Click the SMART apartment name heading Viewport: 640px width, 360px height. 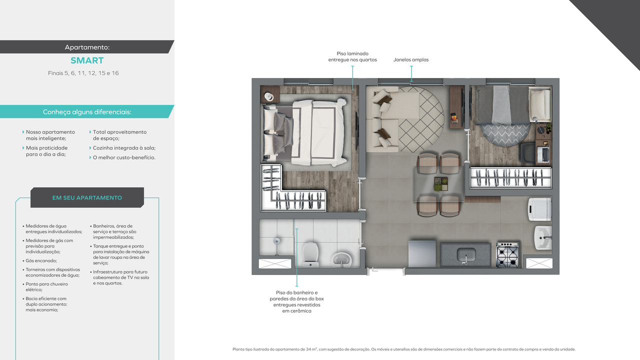coord(87,60)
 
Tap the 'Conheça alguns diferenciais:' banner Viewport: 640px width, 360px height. coord(87,112)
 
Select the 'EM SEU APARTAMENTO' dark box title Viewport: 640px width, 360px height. coord(87,197)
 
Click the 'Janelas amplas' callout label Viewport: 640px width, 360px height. coord(411,60)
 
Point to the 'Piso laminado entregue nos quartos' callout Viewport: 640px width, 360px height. coord(352,56)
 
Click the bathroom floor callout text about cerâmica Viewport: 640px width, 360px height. coord(296,301)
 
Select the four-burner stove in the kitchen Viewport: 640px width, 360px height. coord(507,254)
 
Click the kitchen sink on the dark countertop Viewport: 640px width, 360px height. coord(465,253)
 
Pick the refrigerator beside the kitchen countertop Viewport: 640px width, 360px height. coord(422,254)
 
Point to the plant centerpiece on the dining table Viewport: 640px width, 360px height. coord(440,184)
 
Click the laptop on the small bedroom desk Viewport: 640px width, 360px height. coord(543,154)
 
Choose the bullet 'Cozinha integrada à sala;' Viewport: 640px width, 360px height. coord(124,148)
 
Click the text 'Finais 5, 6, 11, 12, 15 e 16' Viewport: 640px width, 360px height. coord(83,73)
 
